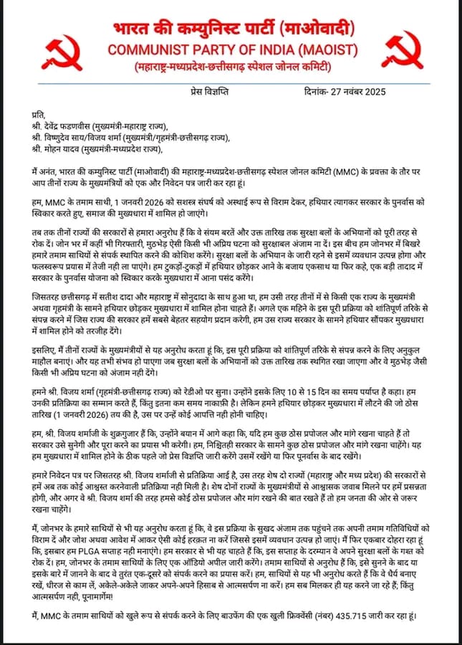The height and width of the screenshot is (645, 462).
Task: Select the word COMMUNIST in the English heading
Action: pyautogui.click(x=140, y=51)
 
